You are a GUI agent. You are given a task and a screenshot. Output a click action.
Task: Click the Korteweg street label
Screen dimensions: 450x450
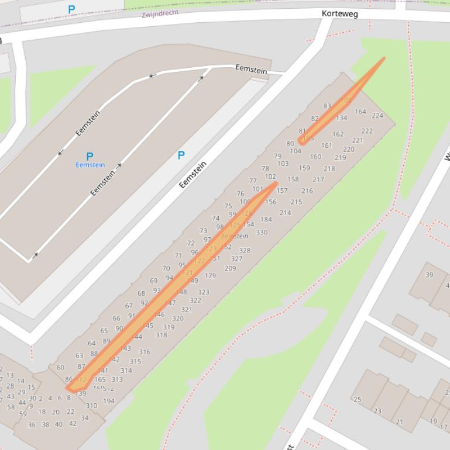tap(339, 13)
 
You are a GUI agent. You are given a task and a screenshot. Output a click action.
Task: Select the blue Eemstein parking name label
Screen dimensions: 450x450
tap(90, 165)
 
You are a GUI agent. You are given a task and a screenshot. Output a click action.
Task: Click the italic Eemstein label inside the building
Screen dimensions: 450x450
tap(235, 236)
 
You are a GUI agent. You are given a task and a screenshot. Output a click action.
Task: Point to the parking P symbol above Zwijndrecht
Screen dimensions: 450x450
tap(71, 9)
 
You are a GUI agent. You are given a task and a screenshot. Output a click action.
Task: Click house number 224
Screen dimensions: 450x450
tap(377, 115)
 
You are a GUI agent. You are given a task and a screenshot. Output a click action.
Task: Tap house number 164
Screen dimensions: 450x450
tap(360, 112)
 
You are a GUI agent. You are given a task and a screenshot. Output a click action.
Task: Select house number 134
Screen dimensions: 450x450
tap(341, 118)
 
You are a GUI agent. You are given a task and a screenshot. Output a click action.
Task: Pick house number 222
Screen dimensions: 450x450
tap(367, 131)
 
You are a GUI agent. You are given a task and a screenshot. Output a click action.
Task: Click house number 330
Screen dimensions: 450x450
tap(262, 233)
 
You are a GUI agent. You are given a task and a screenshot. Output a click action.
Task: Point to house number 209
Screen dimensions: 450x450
tap(230, 269)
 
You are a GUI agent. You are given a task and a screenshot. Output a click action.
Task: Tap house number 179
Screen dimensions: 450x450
tap(210, 276)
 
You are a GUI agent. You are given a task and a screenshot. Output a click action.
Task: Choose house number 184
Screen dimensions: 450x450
tap(266, 220)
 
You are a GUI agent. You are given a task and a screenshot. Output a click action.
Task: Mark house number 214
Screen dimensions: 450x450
tap(285, 213)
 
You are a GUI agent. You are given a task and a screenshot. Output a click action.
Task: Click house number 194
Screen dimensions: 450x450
tap(109, 401)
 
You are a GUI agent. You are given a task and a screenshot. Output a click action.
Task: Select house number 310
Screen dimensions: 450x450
tap(91, 406)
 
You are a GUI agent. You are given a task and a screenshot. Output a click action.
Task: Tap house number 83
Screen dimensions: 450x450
tap(327, 106)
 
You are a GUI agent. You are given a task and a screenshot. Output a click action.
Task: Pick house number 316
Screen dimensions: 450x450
tap(145, 352)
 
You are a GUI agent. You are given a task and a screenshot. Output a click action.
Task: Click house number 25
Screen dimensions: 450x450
tap(357, 400)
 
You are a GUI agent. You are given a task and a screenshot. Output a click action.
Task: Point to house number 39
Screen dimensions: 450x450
tap(430, 275)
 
